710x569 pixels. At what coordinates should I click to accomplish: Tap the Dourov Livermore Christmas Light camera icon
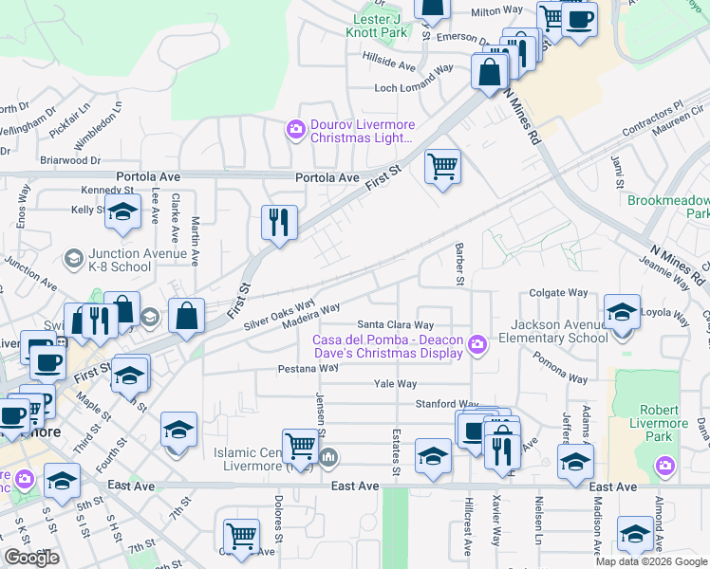(x=296, y=128)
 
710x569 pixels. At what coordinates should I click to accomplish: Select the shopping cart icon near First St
(x=442, y=167)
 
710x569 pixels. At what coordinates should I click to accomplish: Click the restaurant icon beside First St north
(x=279, y=223)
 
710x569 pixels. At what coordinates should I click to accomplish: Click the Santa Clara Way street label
(x=402, y=324)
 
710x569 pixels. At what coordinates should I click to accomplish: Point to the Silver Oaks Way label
(x=279, y=316)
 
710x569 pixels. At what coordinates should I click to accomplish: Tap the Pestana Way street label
(x=308, y=368)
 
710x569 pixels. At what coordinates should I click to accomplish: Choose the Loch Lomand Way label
(x=413, y=87)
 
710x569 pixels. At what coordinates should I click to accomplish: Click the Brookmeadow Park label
(x=668, y=208)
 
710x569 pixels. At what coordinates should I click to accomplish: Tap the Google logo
(x=31, y=558)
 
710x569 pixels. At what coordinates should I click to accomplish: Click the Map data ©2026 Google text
(x=650, y=561)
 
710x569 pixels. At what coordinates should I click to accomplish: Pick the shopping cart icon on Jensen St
(x=300, y=444)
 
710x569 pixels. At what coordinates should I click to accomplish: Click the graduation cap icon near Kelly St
(x=123, y=212)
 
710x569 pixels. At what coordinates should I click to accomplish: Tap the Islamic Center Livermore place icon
(x=328, y=459)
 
